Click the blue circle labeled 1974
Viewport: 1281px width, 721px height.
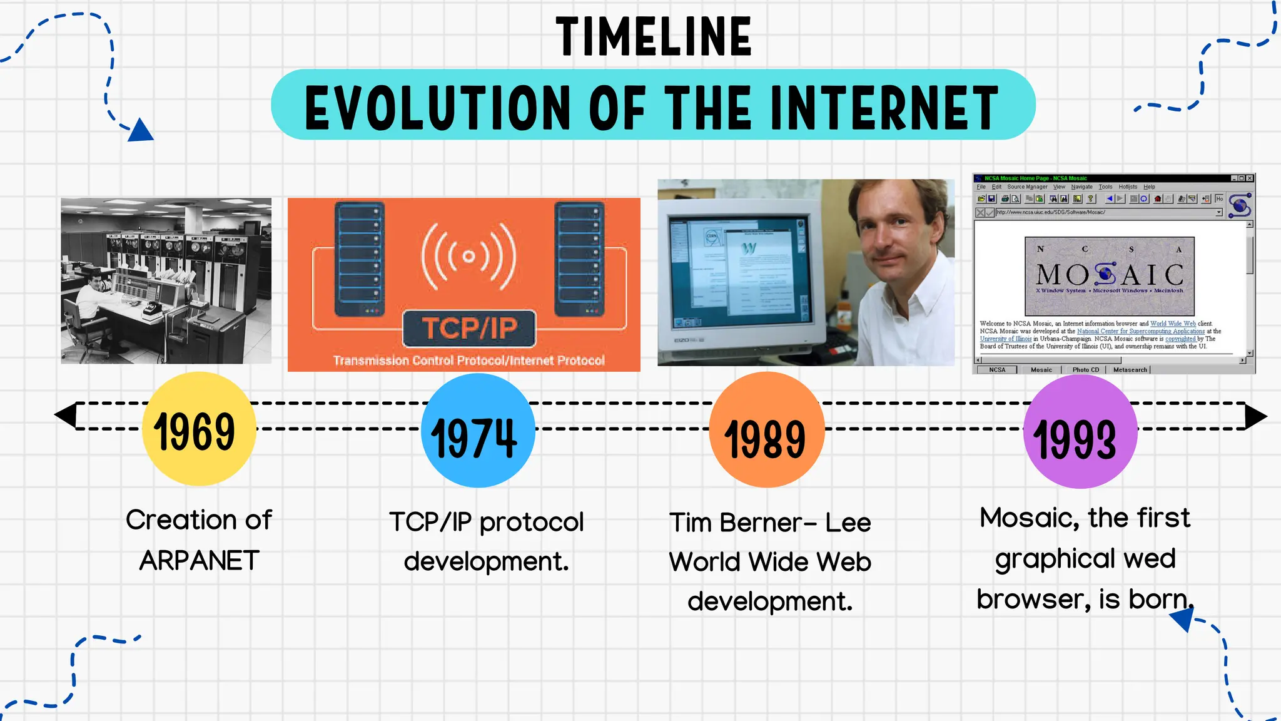(x=477, y=432)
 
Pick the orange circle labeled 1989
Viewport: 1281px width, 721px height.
(x=766, y=432)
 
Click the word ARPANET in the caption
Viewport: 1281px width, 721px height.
(x=199, y=560)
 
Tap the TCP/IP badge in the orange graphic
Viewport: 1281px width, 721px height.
(x=469, y=329)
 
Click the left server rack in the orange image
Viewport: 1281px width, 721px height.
(x=359, y=258)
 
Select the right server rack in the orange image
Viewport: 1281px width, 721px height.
(x=579, y=258)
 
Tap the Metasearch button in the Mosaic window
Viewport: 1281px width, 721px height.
(x=1130, y=370)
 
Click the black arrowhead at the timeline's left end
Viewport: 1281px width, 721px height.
(x=66, y=416)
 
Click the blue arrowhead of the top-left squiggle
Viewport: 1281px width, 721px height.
(x=141, y=131)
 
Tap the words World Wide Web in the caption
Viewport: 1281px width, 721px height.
(x=769, y=562)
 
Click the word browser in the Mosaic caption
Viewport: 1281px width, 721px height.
(x=1033, y=600)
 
